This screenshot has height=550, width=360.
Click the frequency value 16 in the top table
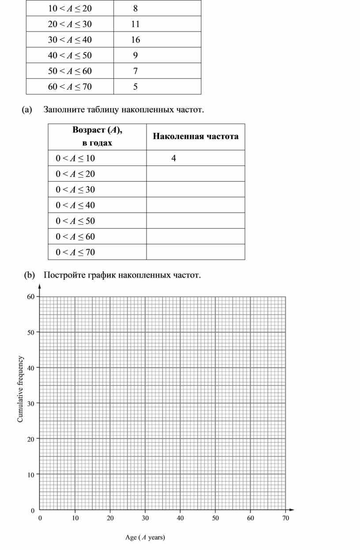click(x=135, y=40)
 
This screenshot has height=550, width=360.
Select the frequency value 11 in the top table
click(x=135, y=24)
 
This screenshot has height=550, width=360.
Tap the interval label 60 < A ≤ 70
click(x=70, y=87)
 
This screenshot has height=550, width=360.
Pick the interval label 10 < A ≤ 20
click(x=70, y=8)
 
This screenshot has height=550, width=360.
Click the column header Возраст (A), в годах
click(x=97, y=136)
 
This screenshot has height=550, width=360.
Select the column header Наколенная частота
click(x=196, y=136)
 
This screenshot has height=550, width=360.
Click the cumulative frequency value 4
click(x=174, y=158)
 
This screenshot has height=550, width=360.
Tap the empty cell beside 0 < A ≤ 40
click(x=195, y=205)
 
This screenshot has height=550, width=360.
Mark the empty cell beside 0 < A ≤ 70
click(x=195, y=252)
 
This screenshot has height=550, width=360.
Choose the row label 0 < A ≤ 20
click(x=75, y=174)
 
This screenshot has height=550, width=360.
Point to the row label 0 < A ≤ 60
click(x=75, y=237)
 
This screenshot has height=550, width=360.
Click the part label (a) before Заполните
click(x=27, y=109)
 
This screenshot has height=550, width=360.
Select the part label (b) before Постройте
click(x=29, y=275)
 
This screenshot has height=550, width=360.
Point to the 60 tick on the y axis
click(x=30, y=297)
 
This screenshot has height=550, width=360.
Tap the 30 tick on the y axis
click(x=30, y=403)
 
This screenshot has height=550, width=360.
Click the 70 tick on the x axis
click(x=285, y=518)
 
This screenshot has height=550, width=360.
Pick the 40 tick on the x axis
click(x=180, y=518)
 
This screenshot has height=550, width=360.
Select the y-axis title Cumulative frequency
click(x=20, y=389)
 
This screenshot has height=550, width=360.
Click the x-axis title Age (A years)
click(x=145, y=537)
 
